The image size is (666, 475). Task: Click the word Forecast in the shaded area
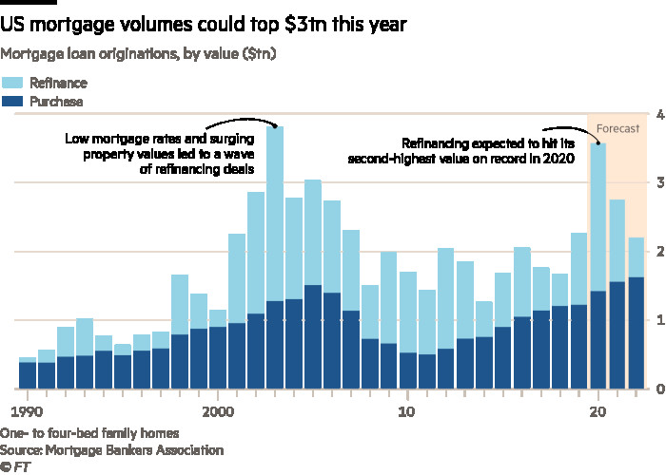point(617,127)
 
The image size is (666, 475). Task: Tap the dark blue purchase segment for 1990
point(28,376)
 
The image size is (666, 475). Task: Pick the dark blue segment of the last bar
point(637,332)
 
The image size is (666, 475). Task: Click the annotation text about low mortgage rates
point(159,154)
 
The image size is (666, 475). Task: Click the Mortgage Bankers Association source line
point(112,449)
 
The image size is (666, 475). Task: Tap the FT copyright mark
point(14,466)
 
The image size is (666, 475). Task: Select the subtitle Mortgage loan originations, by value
point(139,55)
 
